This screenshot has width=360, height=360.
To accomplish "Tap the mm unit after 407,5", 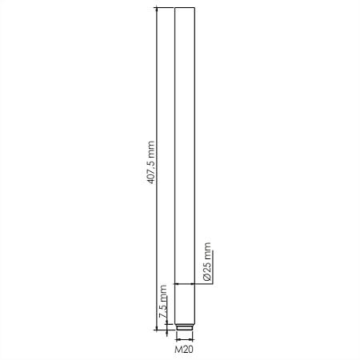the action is pos(151,149).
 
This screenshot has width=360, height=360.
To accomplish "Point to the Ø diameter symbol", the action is pos(207,278).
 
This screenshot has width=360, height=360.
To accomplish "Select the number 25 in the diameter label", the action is pos(207,268).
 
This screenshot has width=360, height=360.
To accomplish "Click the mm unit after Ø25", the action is pos(207,251).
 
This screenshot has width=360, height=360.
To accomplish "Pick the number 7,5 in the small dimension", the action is pos(163,311).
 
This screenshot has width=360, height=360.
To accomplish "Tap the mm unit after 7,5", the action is pos(163,294).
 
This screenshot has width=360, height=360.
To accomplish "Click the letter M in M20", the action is pos(178,350).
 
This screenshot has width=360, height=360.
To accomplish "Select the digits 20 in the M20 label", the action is pos(188,350).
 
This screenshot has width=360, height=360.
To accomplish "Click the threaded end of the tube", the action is pos(185,327).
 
